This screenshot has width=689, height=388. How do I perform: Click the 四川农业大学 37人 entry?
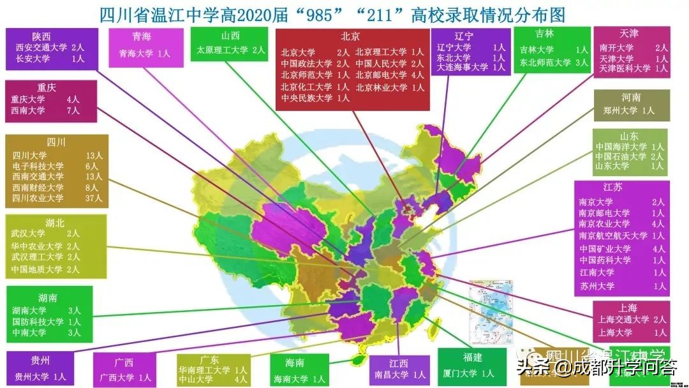56,198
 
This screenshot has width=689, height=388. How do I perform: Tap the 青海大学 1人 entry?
145,54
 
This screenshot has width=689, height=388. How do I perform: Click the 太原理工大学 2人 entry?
230,50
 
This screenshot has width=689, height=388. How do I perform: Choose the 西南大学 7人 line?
45,110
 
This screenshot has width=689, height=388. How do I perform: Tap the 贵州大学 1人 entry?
40,377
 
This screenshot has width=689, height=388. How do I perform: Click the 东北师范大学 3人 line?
553,63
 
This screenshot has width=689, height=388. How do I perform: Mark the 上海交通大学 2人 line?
632,320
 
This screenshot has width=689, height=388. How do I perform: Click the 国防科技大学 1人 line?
47,322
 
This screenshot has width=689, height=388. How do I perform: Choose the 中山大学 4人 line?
213,379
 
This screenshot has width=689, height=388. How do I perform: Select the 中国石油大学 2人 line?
629,156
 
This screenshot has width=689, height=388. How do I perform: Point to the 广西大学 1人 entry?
124,377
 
